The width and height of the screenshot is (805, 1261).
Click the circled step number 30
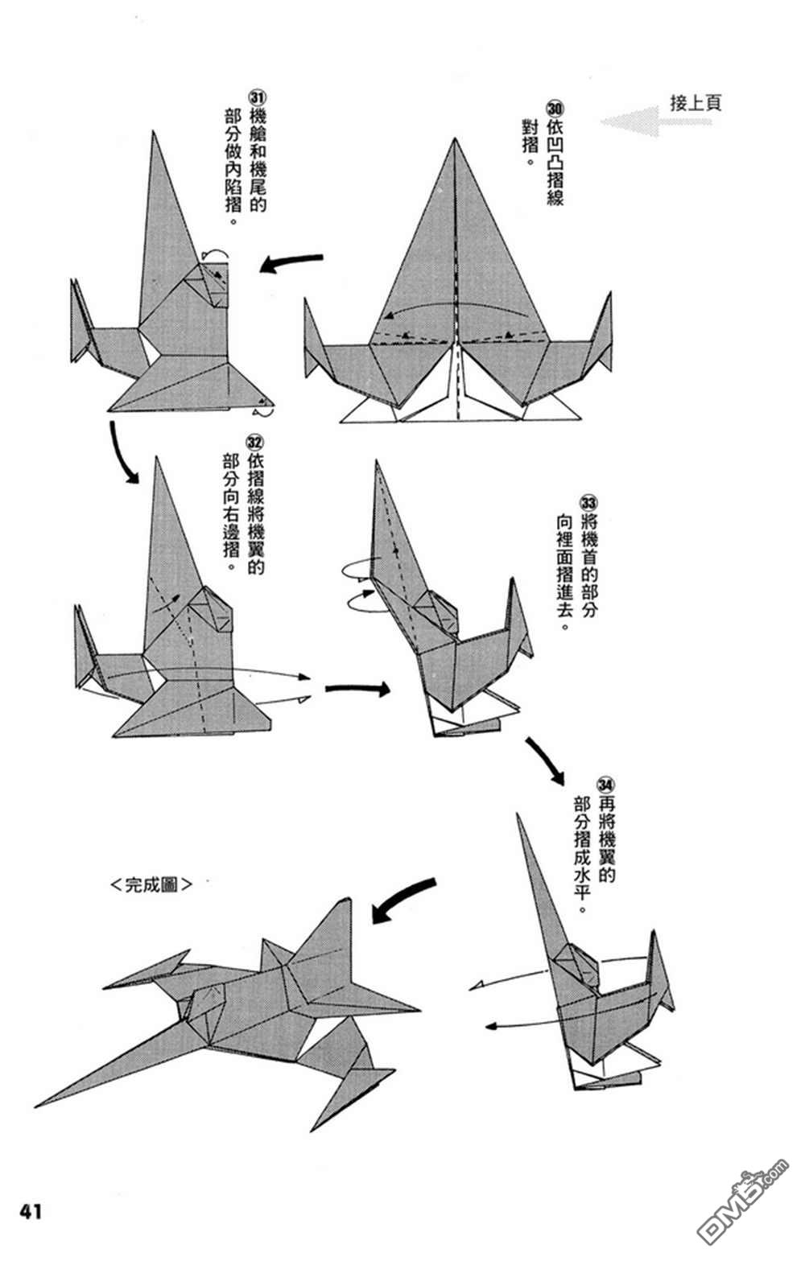coord(555,108)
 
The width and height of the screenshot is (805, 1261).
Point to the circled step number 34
coord(606,783)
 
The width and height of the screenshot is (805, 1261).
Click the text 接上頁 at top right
coord(696,103)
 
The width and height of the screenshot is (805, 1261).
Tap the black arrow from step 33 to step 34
coord(545,760)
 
